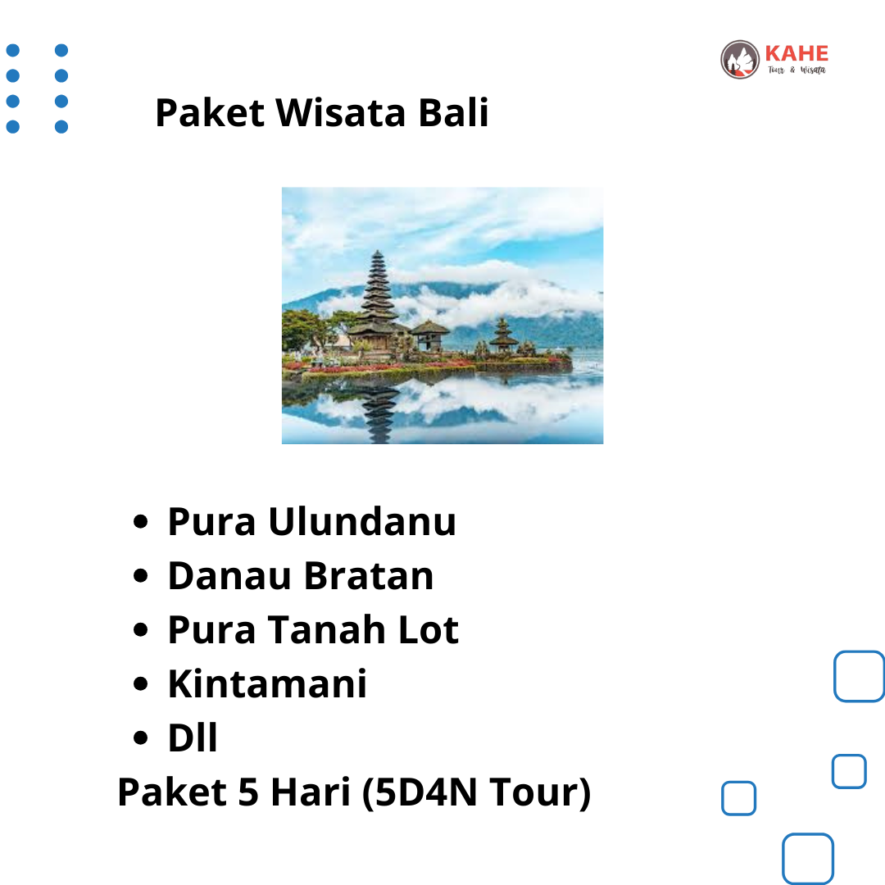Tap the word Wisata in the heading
point(340,112)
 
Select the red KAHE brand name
point(796,53)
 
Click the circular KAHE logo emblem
point(740,59)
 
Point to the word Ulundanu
point(362,521)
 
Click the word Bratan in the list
point(369,575)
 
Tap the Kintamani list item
point(267,683)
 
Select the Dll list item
point(193,737)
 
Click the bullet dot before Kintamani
point(141,684)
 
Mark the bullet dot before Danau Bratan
point(141,576)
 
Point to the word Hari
point(311,792)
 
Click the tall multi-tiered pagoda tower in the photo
point(378,299)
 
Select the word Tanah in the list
point(327,629)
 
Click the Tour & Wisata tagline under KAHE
point(796,70)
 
